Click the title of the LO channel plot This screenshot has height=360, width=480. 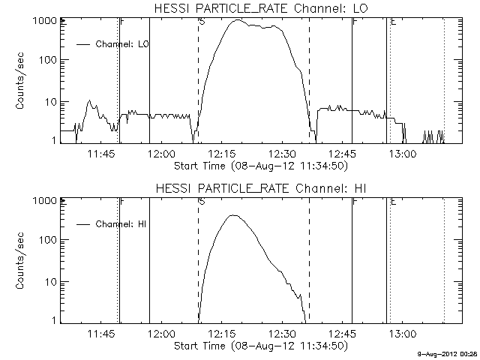point(261,8)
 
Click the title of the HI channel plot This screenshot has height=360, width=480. point(261,188)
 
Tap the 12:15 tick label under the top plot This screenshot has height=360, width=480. point(222,154)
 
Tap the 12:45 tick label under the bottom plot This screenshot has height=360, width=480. point(343,334)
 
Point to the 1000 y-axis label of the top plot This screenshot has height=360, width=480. point(45,21)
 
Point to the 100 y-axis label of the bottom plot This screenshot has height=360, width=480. point(48,240)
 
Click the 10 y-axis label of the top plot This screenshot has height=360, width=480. point(51,102)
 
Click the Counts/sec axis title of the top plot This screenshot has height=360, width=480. point(20,81)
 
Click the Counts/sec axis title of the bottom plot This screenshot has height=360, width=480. point(20,261)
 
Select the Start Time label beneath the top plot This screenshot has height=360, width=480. point(261,166)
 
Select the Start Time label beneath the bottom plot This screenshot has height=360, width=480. point(261,346)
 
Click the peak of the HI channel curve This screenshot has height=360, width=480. point(233,215)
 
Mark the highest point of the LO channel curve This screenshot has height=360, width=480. point(238,20)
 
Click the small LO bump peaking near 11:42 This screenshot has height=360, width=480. point(89,100)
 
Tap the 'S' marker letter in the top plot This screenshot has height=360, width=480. point(202,22)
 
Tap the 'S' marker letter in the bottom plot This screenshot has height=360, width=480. point(202,202)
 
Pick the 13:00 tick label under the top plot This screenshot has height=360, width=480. point(403,154)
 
